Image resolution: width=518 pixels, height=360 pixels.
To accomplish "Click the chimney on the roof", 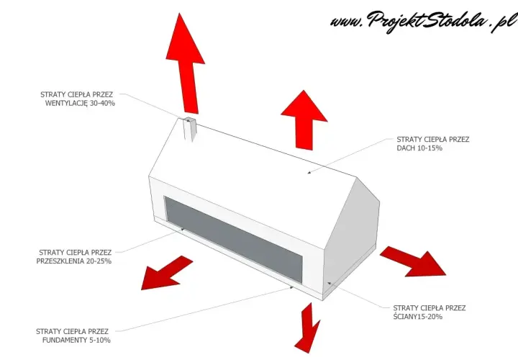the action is point(190,129).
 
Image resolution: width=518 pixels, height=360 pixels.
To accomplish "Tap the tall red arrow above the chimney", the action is point(186,63).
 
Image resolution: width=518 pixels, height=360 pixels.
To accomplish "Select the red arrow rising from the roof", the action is point(304,120).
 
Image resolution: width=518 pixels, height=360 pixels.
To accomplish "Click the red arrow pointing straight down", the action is point(308,328).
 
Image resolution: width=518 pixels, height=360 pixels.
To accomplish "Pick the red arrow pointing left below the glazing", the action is point(167,273).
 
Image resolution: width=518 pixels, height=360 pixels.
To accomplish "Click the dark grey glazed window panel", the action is point(234,239).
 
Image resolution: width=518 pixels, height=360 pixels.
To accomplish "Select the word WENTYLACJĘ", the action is point(66,103).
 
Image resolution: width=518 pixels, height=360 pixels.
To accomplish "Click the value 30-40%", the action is point(102,103).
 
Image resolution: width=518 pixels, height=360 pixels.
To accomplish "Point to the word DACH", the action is point(406,148).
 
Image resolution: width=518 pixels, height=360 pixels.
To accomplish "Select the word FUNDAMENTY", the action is point(65,340).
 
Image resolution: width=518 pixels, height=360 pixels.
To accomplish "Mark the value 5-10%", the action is point(99,340).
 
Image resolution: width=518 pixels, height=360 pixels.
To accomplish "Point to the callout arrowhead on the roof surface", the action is point(309,172).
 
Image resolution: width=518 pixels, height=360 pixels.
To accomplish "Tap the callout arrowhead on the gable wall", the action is point(329,283).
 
